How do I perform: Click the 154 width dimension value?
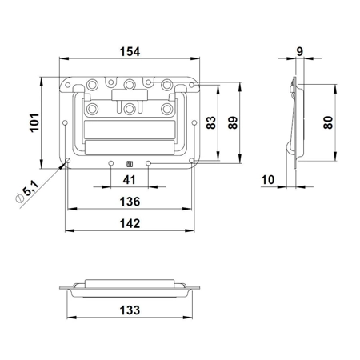click(x=130, y=51)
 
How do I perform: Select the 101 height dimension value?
click(x=34, y=122)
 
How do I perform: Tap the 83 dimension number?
click(x=211, y=122)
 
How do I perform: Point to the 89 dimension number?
click(x=233, y=122)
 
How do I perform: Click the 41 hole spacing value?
click(x=129, y=180)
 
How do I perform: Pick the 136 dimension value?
click(x=130, y=202)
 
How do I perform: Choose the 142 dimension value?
click(x=130, y=223)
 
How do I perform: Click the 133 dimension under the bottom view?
click(x=130, y=310)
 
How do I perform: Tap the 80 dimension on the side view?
click(x=328, y=122)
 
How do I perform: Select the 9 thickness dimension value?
click(x=300, y=51)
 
